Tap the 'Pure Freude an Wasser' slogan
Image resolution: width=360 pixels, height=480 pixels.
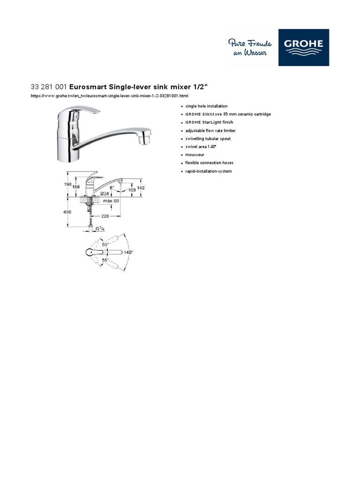(247, 48)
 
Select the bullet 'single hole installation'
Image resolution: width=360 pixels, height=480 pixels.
(206, 106)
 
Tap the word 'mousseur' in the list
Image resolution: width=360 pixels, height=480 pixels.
(195, 155)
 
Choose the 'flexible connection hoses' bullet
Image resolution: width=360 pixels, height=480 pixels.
(209, 163)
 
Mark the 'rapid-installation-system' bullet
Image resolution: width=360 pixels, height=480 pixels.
(208, 171)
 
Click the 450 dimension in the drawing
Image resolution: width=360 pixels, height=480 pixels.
(67, 212)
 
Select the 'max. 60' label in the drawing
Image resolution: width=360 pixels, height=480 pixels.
(112, 201)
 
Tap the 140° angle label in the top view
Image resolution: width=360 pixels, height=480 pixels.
(128, 252)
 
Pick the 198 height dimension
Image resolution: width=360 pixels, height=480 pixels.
(67, 184)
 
